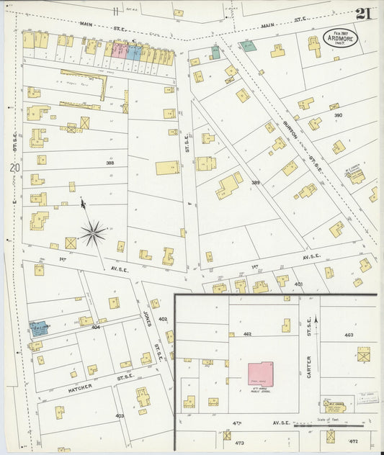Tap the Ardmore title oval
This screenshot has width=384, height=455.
point(337,38)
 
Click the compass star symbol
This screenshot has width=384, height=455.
point(92,232)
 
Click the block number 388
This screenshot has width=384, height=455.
point(110,163)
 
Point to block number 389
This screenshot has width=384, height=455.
point(256,183)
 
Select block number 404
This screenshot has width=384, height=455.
point(95,326)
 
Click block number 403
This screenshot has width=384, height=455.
point(119,415)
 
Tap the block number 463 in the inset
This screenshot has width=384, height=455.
point(349,335)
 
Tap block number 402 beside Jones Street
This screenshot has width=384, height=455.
point(163,319)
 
